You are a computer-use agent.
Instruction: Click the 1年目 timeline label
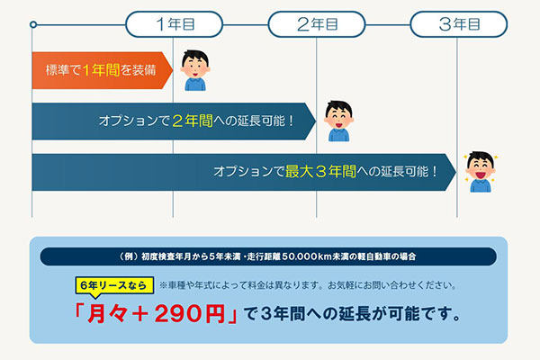pyautogui.click(x=175, y=24)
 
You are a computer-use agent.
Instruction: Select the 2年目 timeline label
pyautogui.click(x=317, y=24)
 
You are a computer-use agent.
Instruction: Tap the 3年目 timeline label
pyautogui.click(x=459, y=24)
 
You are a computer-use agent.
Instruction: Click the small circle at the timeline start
pyautogui.click(x=33, y=24)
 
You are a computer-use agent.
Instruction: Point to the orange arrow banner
pyautogui.click(x=103, y=70)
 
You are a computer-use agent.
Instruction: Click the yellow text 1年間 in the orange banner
pyautogui.click(x=101, y=70)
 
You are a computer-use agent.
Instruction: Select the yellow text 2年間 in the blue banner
pyautogui.click(x=193, y=121)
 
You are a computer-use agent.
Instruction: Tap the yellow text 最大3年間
pyautogui.click(x=320, y=171)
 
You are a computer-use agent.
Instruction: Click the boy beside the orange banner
pyautogui.click(x=195, y=70)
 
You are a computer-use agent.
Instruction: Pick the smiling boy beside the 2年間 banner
pyautogui.click(x=339, y=121)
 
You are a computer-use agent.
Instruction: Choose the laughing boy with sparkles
pyautogui.click(x=481, y=172)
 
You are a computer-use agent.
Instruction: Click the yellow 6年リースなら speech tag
pyautogui.click(x=114, y=285)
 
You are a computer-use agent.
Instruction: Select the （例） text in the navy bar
pyautogui.click(x=129, y=256)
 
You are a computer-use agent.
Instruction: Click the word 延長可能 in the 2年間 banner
pyautogui.click(x=261, y=121)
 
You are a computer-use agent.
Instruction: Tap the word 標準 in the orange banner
pyautogui.click(x=58, y=70)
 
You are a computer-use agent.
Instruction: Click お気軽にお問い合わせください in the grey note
pyautogui.click(x=391, y=285)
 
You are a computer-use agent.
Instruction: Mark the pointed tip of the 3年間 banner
pyautogui.click(x=456, y=172)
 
